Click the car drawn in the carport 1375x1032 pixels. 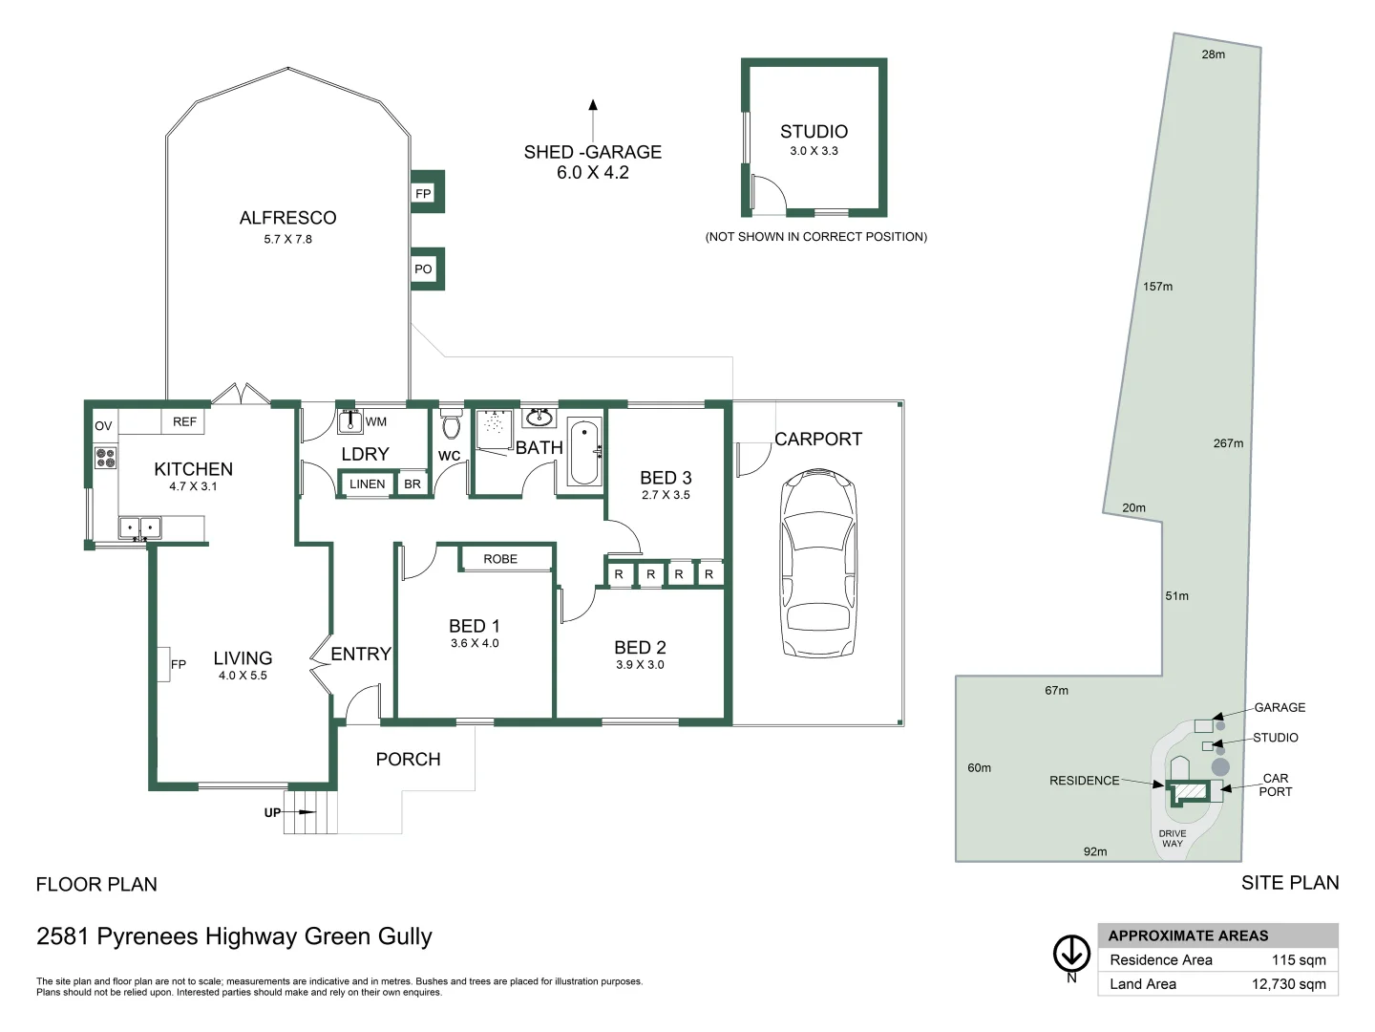point(817,562)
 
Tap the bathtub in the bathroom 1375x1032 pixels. point(584,453)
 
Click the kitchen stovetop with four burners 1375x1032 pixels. point(105,458)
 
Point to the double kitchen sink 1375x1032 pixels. point(140,527)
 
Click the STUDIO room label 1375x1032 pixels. point(814,132)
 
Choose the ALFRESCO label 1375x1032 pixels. point(288,218)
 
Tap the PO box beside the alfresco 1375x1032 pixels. point(423,269)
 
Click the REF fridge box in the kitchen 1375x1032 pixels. point(183,421)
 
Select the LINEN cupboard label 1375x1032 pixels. point(367,484)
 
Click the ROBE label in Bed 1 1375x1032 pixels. point(500,559)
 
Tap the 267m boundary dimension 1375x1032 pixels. point(1228,443)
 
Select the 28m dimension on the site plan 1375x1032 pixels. point(1214,54)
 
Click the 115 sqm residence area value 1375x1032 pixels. point(1299,959)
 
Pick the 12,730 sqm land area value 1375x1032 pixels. point(1288,984)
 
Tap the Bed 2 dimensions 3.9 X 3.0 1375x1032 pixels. point(640,665)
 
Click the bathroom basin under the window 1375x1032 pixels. point(539,418)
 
